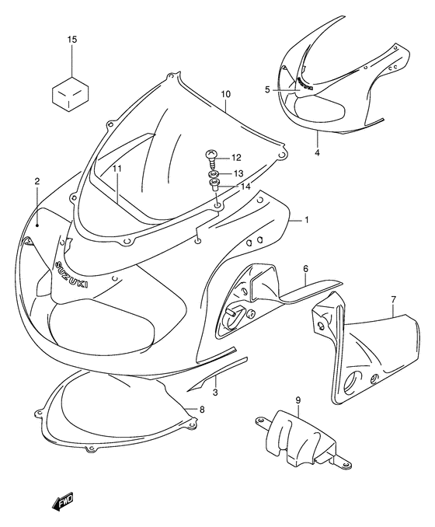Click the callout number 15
click(71, 39)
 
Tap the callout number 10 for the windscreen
click(225, 96)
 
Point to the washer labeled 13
click(214, 173)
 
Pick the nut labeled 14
click(214, 187)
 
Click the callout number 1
click(307, 221)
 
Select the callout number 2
click(37, 181)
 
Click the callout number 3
click(215, 393)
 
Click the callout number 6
click(306, 268)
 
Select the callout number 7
click(393, 299)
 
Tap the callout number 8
click(202, 410)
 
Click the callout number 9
click(298, 401)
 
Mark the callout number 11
click(117, 169)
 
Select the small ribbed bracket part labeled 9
click(294, 440)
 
